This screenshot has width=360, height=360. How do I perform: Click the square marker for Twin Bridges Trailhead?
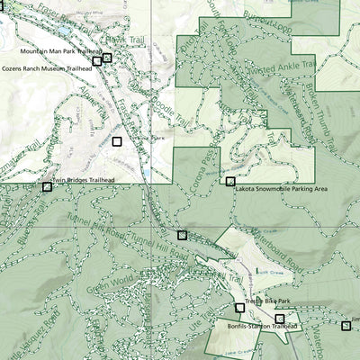point(47,187)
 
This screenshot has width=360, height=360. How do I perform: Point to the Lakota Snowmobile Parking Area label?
point(281,190)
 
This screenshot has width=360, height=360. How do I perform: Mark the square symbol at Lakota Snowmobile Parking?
point(230,182)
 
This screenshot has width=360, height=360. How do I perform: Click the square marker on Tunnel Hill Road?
point(183,235)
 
